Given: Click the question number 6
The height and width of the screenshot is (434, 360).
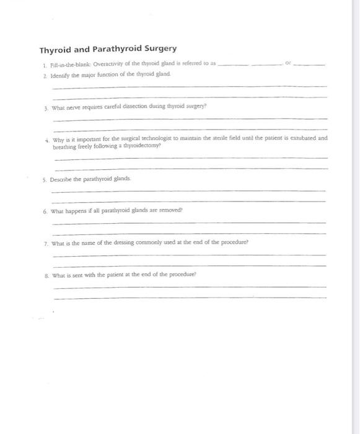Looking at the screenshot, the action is [x=45, y=212].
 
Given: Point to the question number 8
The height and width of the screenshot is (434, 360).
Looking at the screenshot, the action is [x=46, y=276].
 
